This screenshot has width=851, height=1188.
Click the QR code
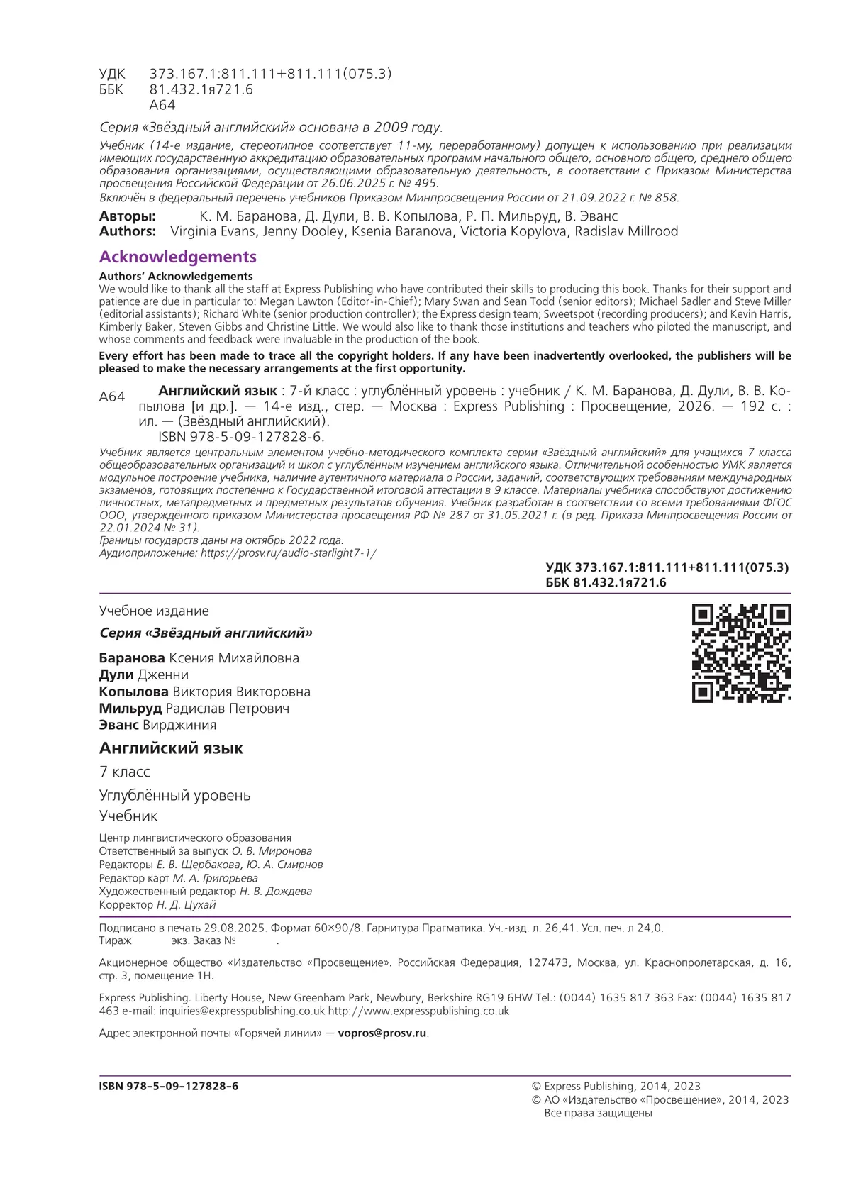(x=741, y=653)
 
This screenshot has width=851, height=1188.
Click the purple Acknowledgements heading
(x=177, y=257)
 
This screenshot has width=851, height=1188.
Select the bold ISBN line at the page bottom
(x=169, y=1086)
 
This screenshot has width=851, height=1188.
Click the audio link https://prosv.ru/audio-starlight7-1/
(x=289, y=553)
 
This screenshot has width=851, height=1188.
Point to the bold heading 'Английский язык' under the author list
(x=171, y=748)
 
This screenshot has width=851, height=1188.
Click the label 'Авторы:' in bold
(x=127, y=216)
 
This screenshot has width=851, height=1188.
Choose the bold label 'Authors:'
(x=127, y=231)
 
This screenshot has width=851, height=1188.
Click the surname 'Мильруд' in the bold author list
(x=130, y=709)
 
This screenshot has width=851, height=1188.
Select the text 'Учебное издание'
(x=154, y=611)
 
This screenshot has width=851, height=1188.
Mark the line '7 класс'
(x=125, y=772)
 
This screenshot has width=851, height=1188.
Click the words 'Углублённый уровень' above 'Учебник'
(x=174, y=795)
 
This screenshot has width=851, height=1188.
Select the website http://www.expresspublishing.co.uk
(x=418, y=1011)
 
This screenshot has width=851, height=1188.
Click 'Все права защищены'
(x=598, y=1113)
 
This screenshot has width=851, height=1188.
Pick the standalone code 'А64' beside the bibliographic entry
(x=112, y=397)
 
